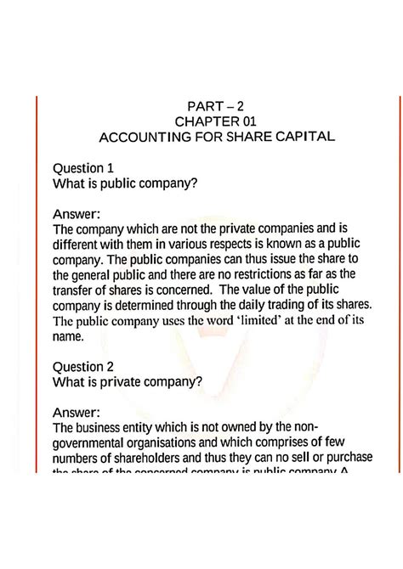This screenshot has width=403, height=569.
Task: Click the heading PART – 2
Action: pos(203,106)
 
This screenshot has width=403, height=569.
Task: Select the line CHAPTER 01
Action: pos(203,122)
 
